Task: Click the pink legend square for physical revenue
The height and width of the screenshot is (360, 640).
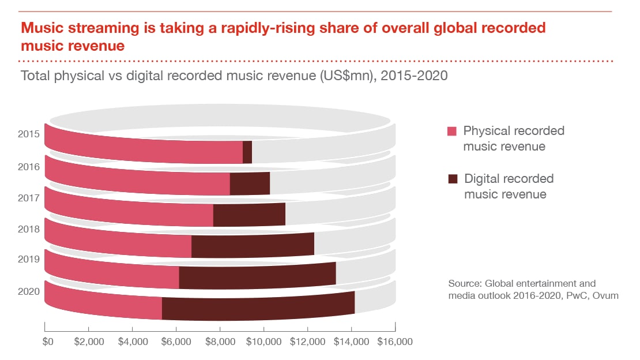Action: (452, 132)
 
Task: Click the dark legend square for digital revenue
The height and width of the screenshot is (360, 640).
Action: (452, 179)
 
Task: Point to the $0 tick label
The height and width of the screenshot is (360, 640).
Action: (48, 342)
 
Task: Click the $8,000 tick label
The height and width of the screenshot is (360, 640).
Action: (220, 342)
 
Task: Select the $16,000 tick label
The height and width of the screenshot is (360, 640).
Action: (395, 342)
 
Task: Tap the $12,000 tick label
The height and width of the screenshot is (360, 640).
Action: (307, 342)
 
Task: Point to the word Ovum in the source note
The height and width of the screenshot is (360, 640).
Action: (607, 296)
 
